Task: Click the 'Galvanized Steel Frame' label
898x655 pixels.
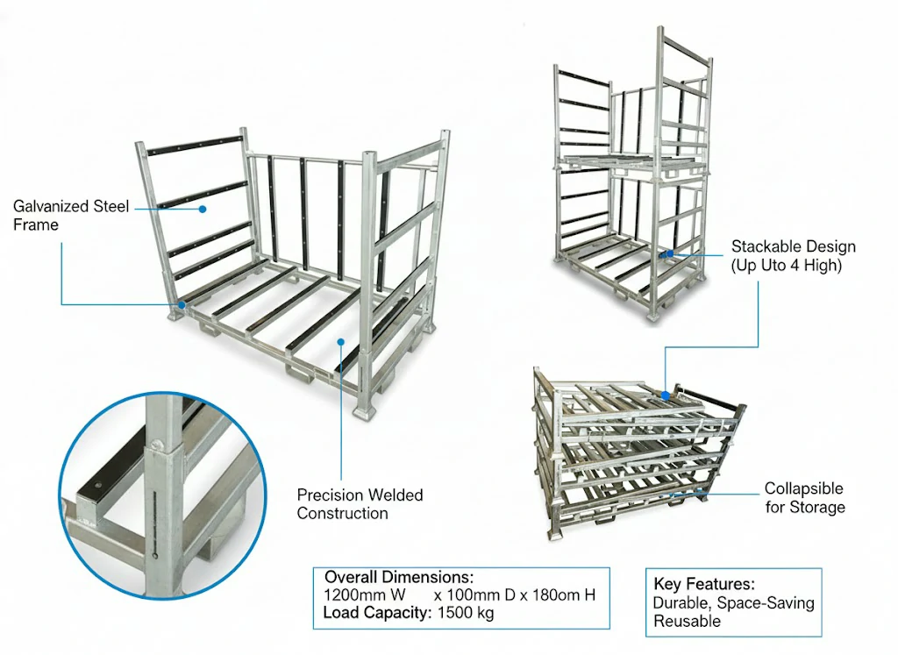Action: pos(71,216)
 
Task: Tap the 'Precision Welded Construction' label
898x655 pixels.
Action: pos(360,504)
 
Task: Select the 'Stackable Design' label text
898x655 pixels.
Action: pos(793,246)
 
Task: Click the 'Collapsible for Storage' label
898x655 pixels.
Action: pos(804,497)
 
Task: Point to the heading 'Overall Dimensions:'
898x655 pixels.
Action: pos(399,578)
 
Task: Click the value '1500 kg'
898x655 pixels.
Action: pos(465,613)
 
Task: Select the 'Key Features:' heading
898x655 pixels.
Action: pos(704,584)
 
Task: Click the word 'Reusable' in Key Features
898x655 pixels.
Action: pos(687,621)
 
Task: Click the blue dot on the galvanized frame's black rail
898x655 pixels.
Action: pos(203,209)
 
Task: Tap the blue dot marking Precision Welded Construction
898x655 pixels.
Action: pos(341,344)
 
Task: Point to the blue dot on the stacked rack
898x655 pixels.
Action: pos(669,253)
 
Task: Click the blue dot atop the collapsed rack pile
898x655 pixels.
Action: pos(665,395)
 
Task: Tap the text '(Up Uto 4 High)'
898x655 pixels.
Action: pos(786,265)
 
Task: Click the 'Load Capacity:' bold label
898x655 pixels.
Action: pos(375,613)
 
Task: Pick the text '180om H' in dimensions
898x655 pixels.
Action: pos(567,595)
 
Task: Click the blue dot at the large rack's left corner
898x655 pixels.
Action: pos(182,304)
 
